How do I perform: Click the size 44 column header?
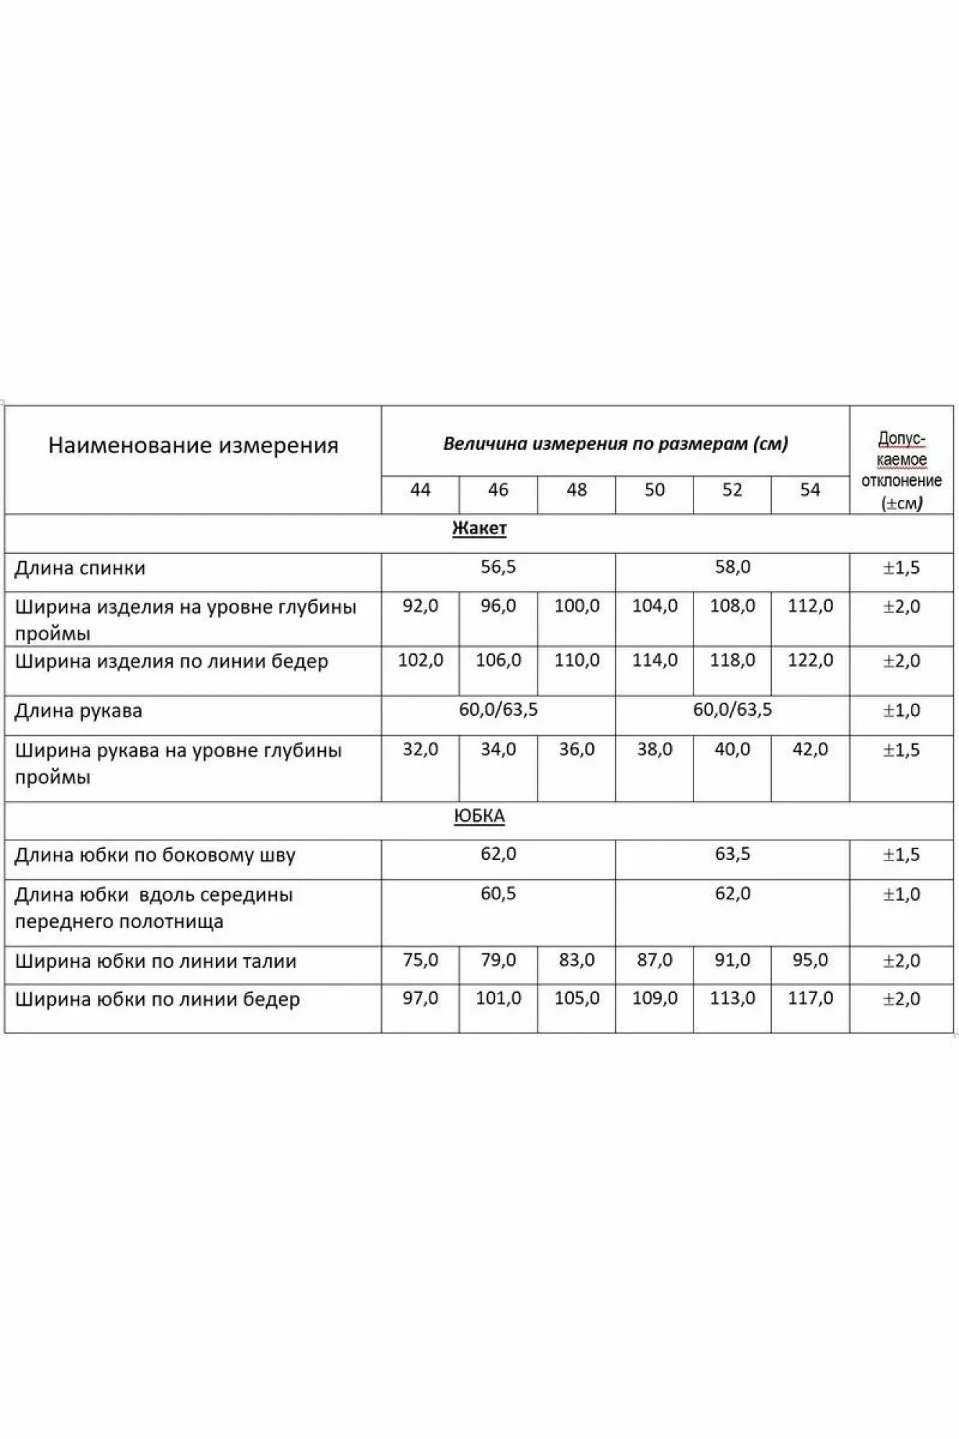[x=420, y=490]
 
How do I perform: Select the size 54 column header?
[x=810, y=490]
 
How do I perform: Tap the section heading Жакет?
[x=479, y=529]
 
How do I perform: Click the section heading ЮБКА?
[x=479, y=816]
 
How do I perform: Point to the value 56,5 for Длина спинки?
[x=498, y=567]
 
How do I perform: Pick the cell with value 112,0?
[x=810, y=606]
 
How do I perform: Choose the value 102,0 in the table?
[x=420, y=660]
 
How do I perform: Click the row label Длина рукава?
[x=78, y=711]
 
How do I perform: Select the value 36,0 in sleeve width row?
[x=576, y=749]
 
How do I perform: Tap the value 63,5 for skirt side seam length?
[x=732, y=854]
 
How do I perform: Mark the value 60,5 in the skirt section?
[x=498, y=894]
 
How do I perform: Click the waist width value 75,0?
[x=420, y=960]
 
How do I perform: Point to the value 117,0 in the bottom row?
[x=810, y=998]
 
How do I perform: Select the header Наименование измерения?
[x=193, y=445]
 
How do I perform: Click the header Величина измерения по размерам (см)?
[x=615, y=443]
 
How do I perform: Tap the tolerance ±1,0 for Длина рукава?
[x=901, y=711]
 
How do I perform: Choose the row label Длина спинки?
[x=80, y=568]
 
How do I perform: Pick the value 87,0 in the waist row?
[x=654, y=960]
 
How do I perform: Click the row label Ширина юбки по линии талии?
[x=155, y=961]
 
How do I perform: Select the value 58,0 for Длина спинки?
[x=732, y=567]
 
